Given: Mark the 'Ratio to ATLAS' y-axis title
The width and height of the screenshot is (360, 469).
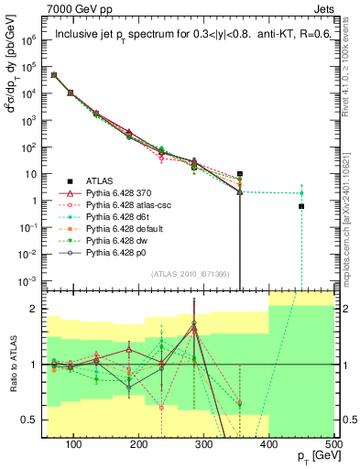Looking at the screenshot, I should pos(13,364).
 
